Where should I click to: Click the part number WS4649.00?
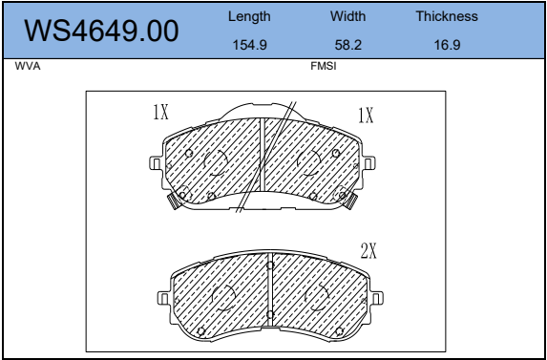click(x=101, y=32)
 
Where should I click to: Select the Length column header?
click(x=249, y=17)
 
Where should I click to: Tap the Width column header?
click(x=347, y=16)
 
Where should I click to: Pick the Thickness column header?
click(x=447, y=16)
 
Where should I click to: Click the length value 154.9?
click(x=249, y=45)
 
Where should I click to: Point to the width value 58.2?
click(x=347, y=45)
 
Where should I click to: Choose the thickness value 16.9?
click(x=447, y=45)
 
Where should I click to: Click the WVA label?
click(x=28, y=66)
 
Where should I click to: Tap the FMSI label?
click(x=324, y=66)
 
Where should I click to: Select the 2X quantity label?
click(x=368, y=251)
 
